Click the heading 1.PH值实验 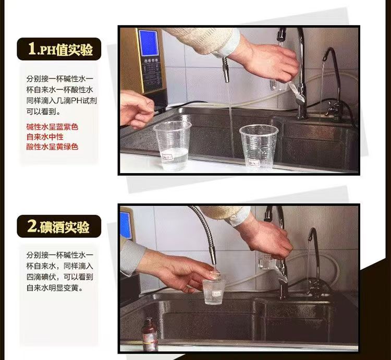point(60,49)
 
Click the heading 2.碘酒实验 point(58,226)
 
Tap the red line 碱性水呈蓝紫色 point(52,127)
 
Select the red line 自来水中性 point(45,137)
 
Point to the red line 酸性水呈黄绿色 point(52,147)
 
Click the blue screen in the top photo point(149,43)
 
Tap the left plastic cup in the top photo point(173,146)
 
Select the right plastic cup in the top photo point(259,147)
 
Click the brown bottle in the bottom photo point(150,334)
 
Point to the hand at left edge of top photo point(137,109)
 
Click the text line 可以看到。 point(44,112)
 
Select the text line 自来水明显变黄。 point(55,288)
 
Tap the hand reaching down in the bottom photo point(271,239)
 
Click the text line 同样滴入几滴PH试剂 point(62,101)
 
